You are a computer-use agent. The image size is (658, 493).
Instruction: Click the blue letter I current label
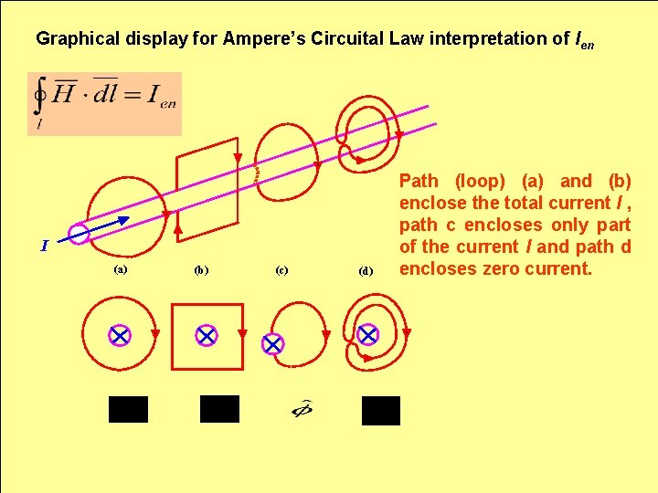coord(44,245)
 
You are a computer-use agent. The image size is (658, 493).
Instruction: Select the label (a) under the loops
coord(120,269)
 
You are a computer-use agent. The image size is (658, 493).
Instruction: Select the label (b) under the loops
coord(201,270)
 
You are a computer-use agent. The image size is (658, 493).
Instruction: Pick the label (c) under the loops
coord(281,270)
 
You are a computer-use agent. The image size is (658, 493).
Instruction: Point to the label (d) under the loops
coord(366,271)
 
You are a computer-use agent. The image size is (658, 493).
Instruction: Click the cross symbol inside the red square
coord(207,335)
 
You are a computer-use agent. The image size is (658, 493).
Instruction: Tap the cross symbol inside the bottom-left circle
coord(120,335)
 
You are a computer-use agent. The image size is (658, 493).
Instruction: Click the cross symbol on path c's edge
coord(272,344)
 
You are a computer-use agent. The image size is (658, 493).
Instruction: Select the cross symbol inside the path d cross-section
coord(367,335)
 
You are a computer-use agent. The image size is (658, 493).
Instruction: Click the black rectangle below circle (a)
coord(128,409)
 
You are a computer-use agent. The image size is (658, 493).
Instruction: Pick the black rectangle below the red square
coord(219,409)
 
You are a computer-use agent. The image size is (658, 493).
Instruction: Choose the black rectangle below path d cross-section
coord(381,411)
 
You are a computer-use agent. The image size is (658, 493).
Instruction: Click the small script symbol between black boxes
coord(302,409)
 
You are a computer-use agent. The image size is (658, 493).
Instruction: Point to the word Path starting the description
coord(419,181)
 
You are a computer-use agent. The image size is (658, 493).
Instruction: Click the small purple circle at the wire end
coord(79,235)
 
